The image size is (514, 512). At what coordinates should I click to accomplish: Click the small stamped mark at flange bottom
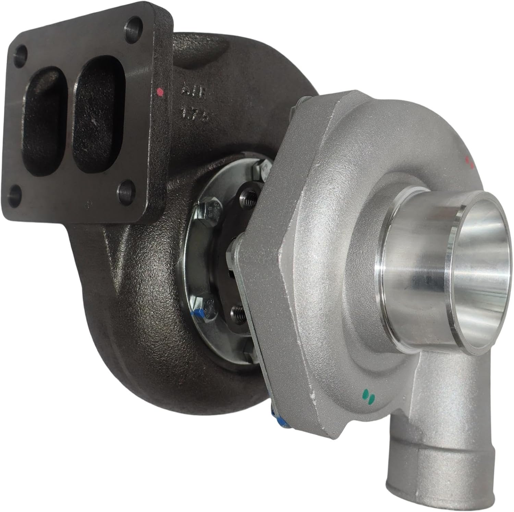[88, 203]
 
